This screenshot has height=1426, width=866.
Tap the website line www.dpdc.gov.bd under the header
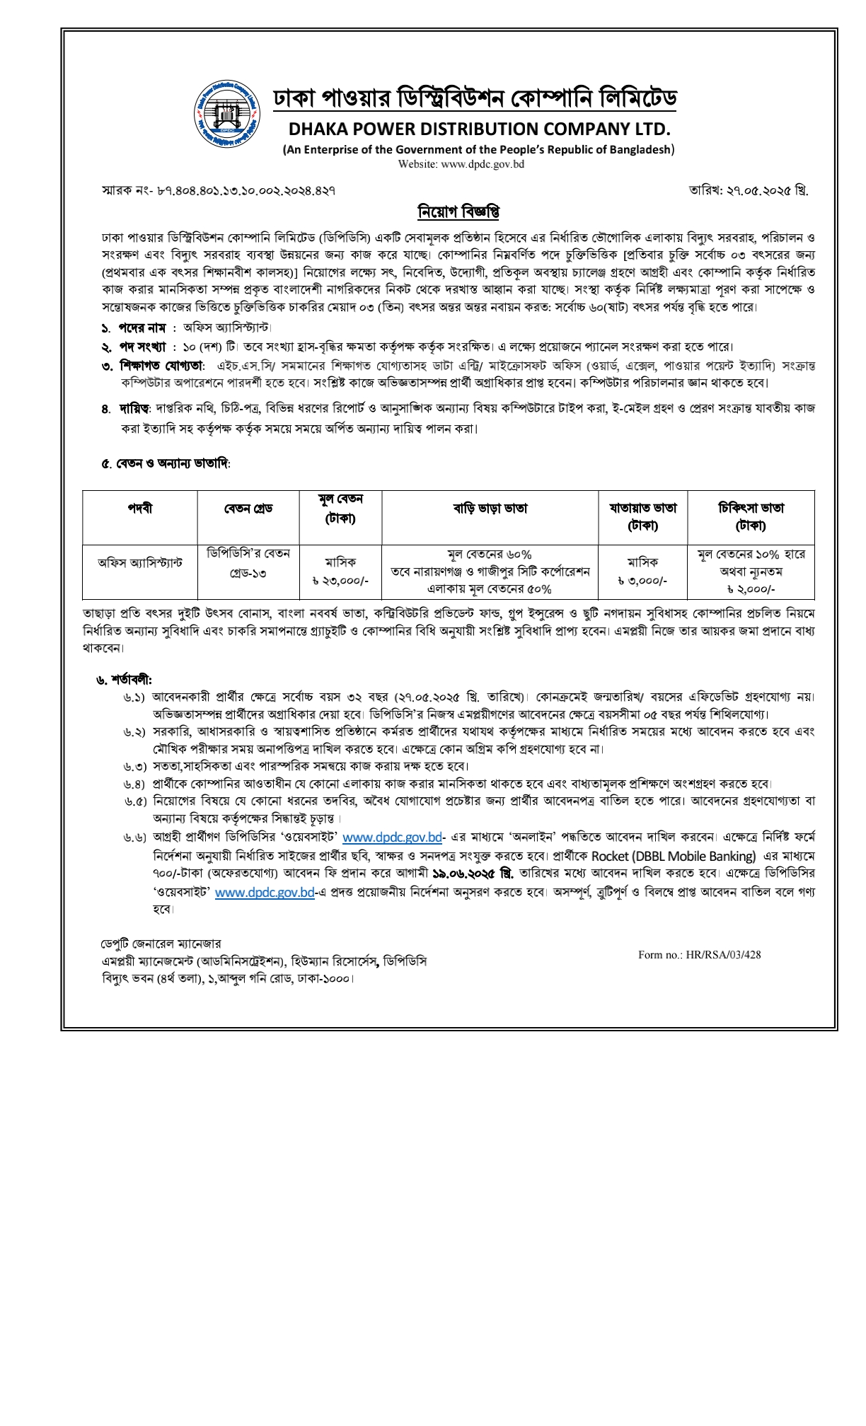pyautogui.click(x=461, y=164)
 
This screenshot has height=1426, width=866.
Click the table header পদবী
pyautogui.click(x=139, y=509)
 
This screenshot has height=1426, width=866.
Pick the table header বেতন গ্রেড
pyautogui.click(x=248, y=509)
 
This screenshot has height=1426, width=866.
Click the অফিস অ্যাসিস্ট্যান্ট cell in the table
pyautogui.click(x=139, y=563)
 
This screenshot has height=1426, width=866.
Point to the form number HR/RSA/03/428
pyautogui.click(x=699, y=955)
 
